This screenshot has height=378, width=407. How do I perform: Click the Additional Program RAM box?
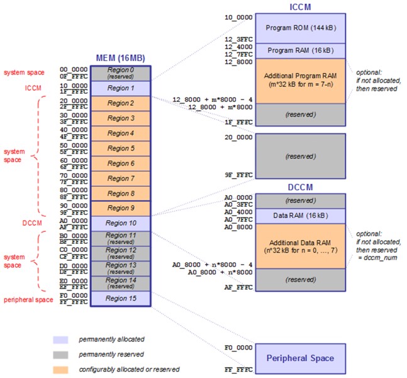point(300,81)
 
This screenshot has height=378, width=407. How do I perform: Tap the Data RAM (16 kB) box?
point(300,216)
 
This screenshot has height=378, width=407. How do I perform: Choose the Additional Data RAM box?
point(300,246)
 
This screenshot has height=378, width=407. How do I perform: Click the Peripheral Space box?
point(300,358)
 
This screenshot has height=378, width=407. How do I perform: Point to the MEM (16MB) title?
point(120,58)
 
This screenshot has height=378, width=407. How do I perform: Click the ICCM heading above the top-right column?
point(300,6)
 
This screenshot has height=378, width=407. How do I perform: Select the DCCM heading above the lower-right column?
point(300,187)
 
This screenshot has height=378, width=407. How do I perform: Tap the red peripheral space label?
point(27,299)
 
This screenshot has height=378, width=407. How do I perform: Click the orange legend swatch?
point(60,369)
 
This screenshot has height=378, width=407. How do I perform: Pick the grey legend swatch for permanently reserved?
point(60,354)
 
